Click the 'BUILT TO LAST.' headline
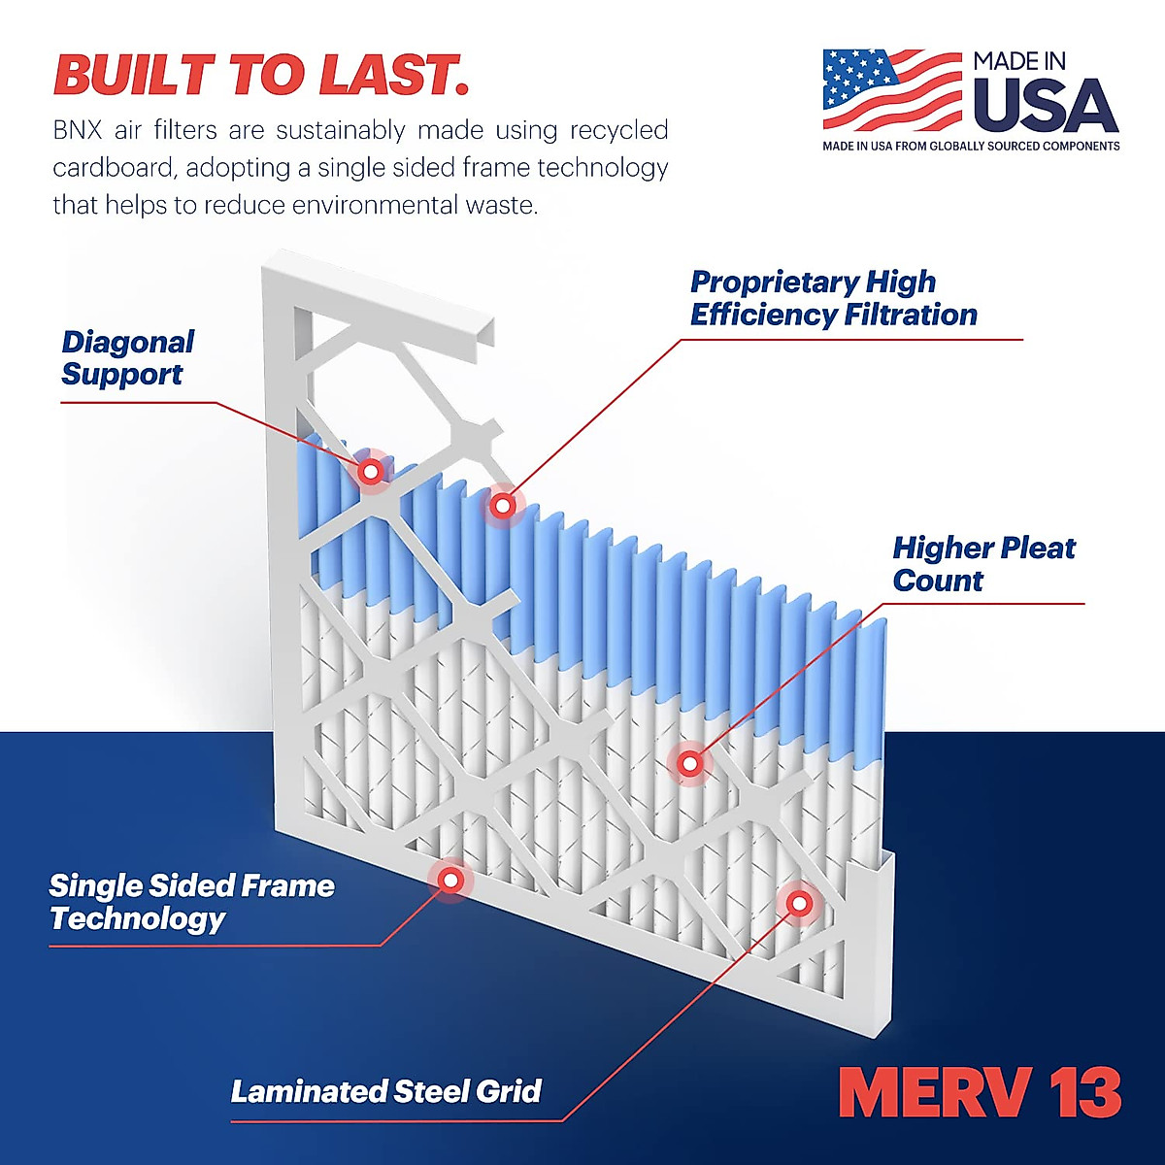pyautogui.click(x=260, y=75)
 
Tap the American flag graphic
pyautogui.click(x=890, y=89)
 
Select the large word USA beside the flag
pyautogui.click(x=1045, y=106)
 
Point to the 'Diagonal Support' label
pyautogui.click(x=127, y=358)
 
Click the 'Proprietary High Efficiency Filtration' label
pyautogui.click(x=833, y=298)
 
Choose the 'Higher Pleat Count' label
pyautogui.click(x=982, y=564)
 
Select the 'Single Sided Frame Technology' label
pyautogui.click(x=191, y=902)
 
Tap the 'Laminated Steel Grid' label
pyautogui.click(x=385, y=1091)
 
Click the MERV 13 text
pyautogui.click(x=980, y=1093)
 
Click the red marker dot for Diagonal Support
pyautogui.click(x=370, y=472)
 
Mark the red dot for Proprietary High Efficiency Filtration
pyautogui.click(x=502, y=506)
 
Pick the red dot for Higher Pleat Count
pyautogui.click(x=689, y=764)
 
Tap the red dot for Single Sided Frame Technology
pyautogui.click(x=449, y=881)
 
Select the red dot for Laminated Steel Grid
pyautogui.click(x=799, y=904)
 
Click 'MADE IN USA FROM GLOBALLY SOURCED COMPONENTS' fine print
pyautogui.click(x=971, y=147)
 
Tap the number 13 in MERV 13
pyautogui.click(x=1085, y=1093)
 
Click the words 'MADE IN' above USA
pyautogui.click(x=1018, y=61)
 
